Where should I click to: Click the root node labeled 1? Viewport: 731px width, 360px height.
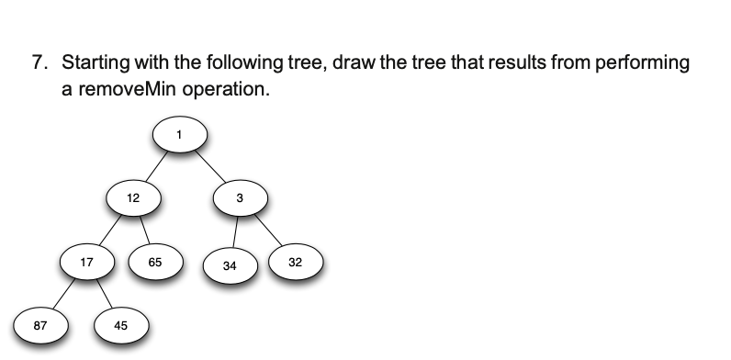click(180, 135)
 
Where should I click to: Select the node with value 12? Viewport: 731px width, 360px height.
click(133, 197)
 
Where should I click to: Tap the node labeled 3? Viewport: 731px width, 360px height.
click(240, 197)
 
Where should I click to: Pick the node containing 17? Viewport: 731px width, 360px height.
click(86, 262)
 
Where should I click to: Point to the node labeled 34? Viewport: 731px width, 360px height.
click(230, 265)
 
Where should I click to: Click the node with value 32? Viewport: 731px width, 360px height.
click(294, 262)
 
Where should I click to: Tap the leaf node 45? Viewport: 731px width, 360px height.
click(121, 324)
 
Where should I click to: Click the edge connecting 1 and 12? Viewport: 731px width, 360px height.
click(157, 165)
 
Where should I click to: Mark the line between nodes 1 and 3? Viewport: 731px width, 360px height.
click(209, 165)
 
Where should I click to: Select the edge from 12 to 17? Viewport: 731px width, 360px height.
click(110, 229)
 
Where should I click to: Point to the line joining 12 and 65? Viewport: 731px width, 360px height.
click(144, 229)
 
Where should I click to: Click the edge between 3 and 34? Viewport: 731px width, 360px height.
click(235, 231)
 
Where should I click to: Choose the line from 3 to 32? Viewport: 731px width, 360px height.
click(266, 229)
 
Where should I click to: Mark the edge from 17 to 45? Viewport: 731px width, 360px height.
click(104, 293)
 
